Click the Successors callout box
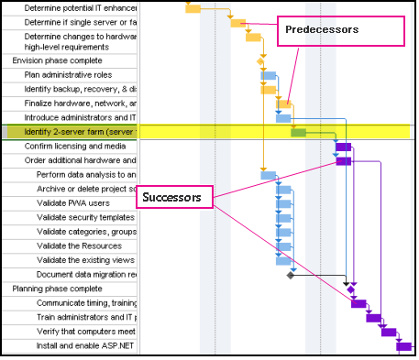174,197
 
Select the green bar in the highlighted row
298,133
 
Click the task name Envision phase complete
51,60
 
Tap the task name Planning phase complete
50,288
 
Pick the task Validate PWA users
73,202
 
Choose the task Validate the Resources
79,245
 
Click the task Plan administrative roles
68,74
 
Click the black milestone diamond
290,274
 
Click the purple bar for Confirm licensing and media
343,147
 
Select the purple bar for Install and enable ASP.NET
403,345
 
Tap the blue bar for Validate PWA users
283,203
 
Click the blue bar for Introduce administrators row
283,118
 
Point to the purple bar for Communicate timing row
358,303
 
